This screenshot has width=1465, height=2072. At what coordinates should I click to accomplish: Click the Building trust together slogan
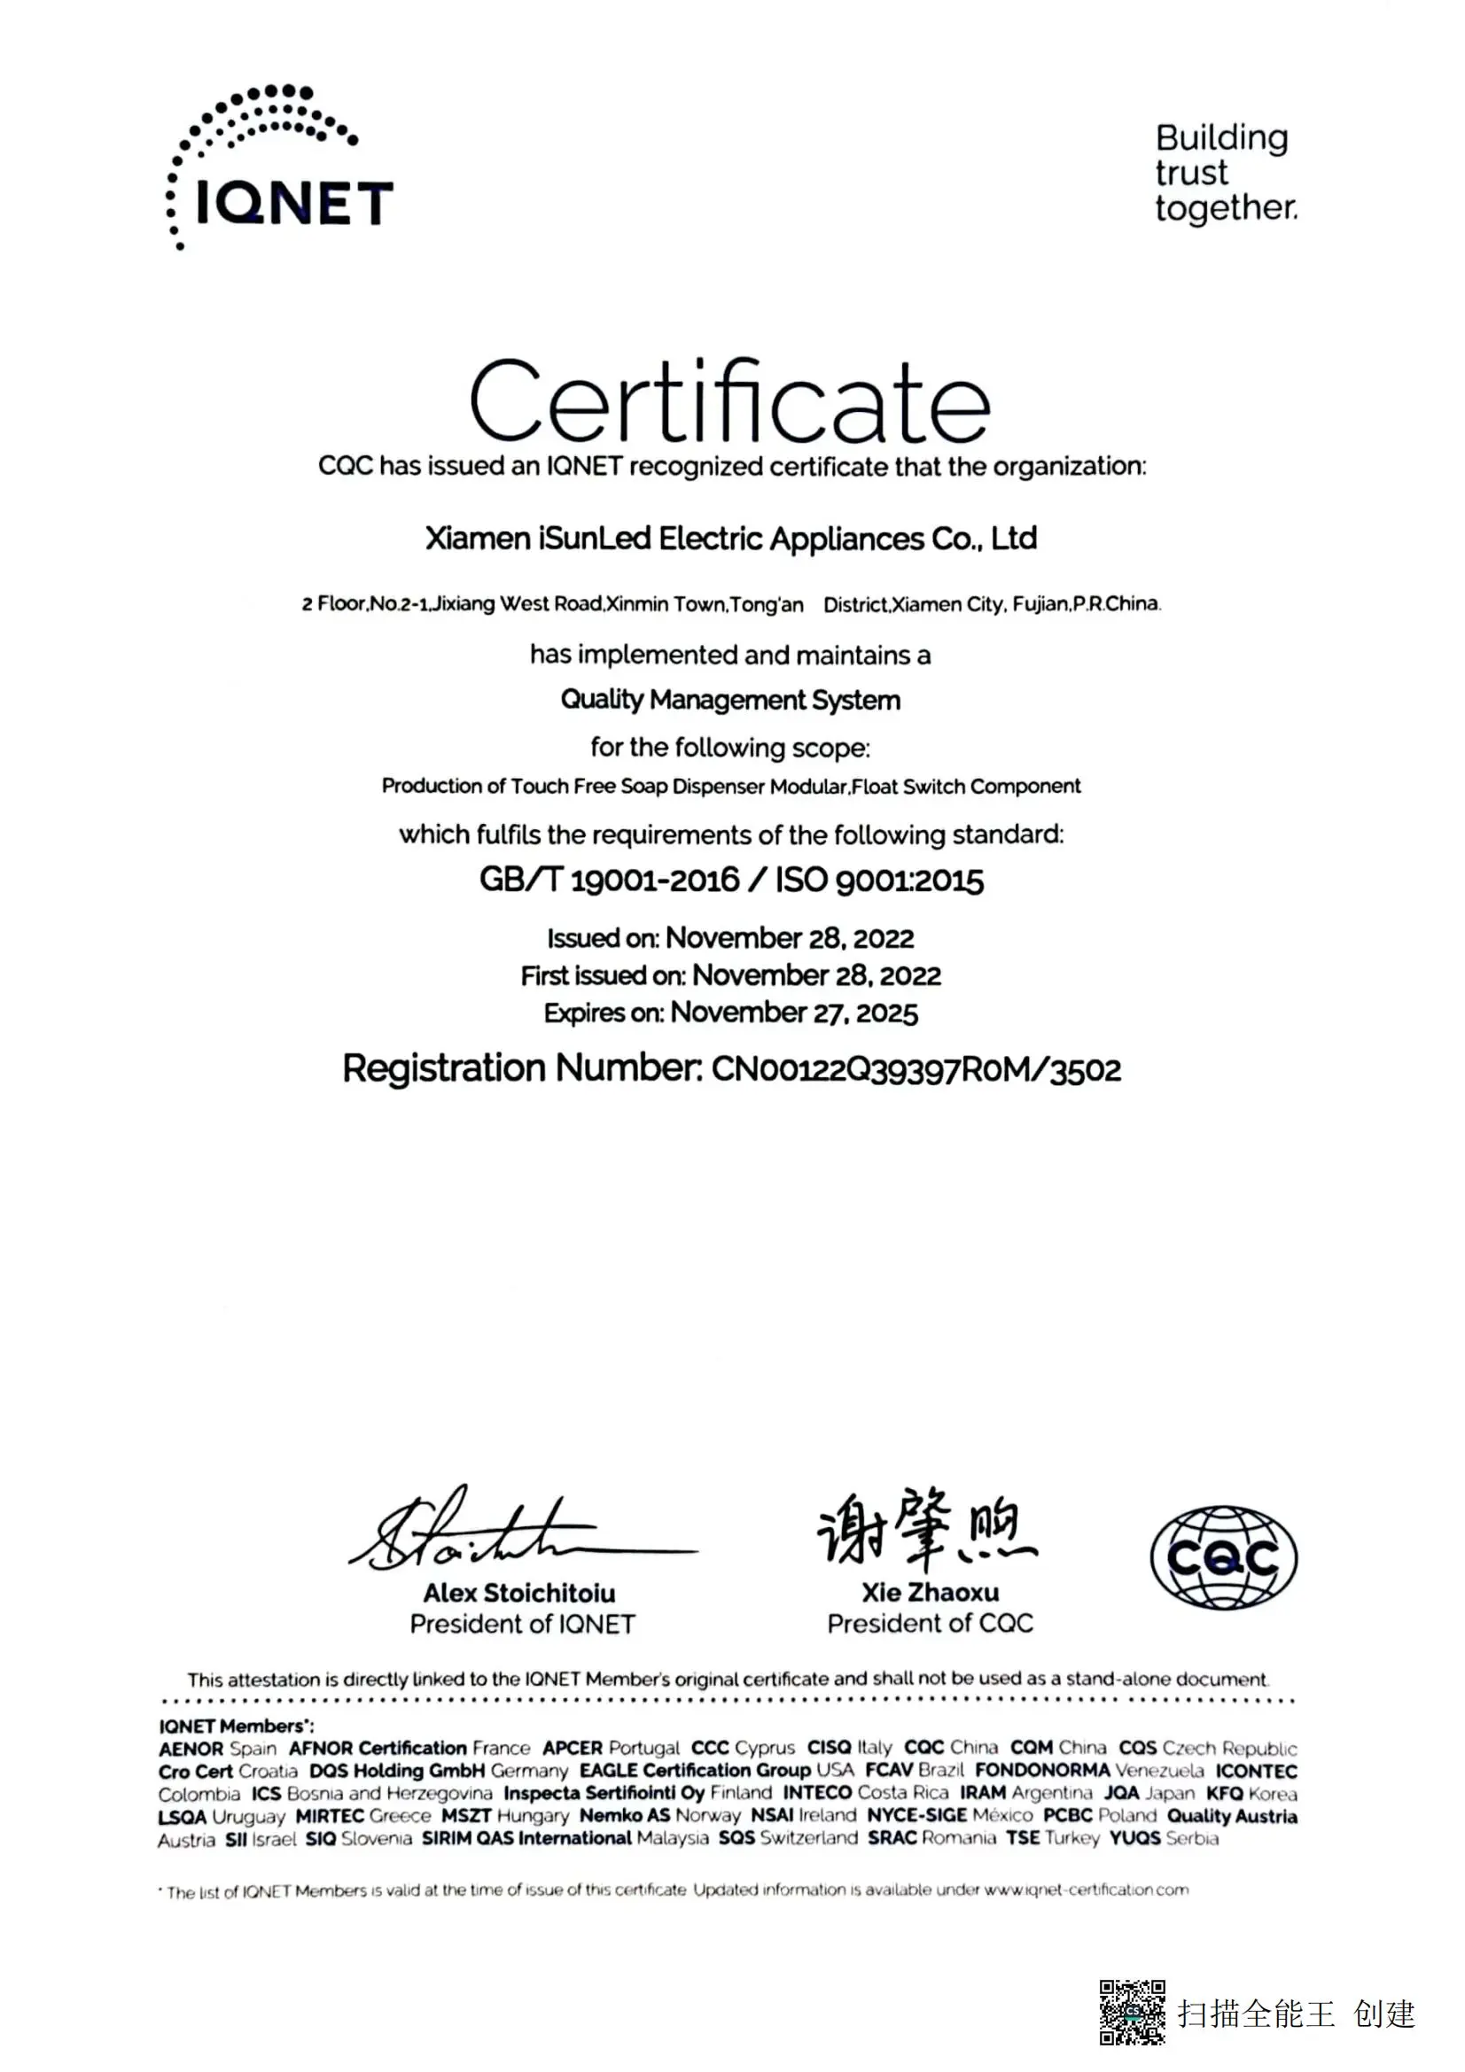click(x=1225, y=173)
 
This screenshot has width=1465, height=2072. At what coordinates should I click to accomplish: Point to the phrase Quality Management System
click(x=730, y=701)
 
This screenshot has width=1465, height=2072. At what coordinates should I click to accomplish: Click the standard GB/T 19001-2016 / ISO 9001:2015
click(x=731, y=880)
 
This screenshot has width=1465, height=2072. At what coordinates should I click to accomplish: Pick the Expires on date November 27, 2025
click(x=793, y=1013)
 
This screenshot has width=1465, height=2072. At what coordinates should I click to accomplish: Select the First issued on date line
click(x=730, y=975)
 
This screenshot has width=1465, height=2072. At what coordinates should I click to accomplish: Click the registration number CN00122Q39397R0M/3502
click(x=916, y=1069)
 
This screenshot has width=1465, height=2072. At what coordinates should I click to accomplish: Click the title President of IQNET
click(x=522, y=1625)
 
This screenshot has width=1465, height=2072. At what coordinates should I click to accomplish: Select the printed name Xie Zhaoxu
click(x=930, y=1592)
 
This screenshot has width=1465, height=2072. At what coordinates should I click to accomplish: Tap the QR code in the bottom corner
click(x=1131, y=2013)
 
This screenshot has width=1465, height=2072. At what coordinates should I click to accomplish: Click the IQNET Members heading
click(x=236, y=1727)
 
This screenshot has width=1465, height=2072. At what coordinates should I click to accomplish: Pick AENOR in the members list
click(x=191, y=1749)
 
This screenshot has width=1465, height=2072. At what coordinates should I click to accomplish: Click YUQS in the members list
click(x=1134, y=1838)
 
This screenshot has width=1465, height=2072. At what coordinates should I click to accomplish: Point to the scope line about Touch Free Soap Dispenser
click(x=730, y=786)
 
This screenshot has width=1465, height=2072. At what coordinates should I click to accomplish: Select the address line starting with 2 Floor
click(x=730, y=604)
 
